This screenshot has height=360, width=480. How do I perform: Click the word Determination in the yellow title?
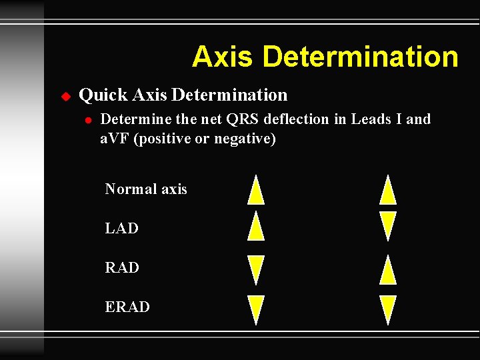(x=361, y=57)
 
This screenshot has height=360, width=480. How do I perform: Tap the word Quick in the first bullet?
(x=103, y=95)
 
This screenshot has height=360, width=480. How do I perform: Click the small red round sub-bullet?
(x=87, y=121)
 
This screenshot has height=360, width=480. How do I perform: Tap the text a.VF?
(x=115, y=139)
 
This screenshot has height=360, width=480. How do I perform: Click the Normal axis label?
(x=146, y=189)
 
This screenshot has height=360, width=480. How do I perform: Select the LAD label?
(x=122, y=229)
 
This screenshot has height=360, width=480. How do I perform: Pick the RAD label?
(x=122, y=268)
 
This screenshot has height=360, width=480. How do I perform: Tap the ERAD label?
(x=127, y=307)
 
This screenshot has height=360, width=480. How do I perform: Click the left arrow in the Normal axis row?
(x=256, y=189)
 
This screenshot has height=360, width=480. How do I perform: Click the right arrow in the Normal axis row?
(x=388, y=189)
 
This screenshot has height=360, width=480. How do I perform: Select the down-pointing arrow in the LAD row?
(x=388, y=226)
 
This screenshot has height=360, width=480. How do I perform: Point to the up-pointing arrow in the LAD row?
(x=256, y=226)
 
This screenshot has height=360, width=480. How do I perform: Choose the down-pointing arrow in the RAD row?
(x=256, y=270)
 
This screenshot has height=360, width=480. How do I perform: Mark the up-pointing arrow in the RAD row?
(x=388, y=270)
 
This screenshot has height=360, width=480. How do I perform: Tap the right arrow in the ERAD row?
(x=388, y=310)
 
